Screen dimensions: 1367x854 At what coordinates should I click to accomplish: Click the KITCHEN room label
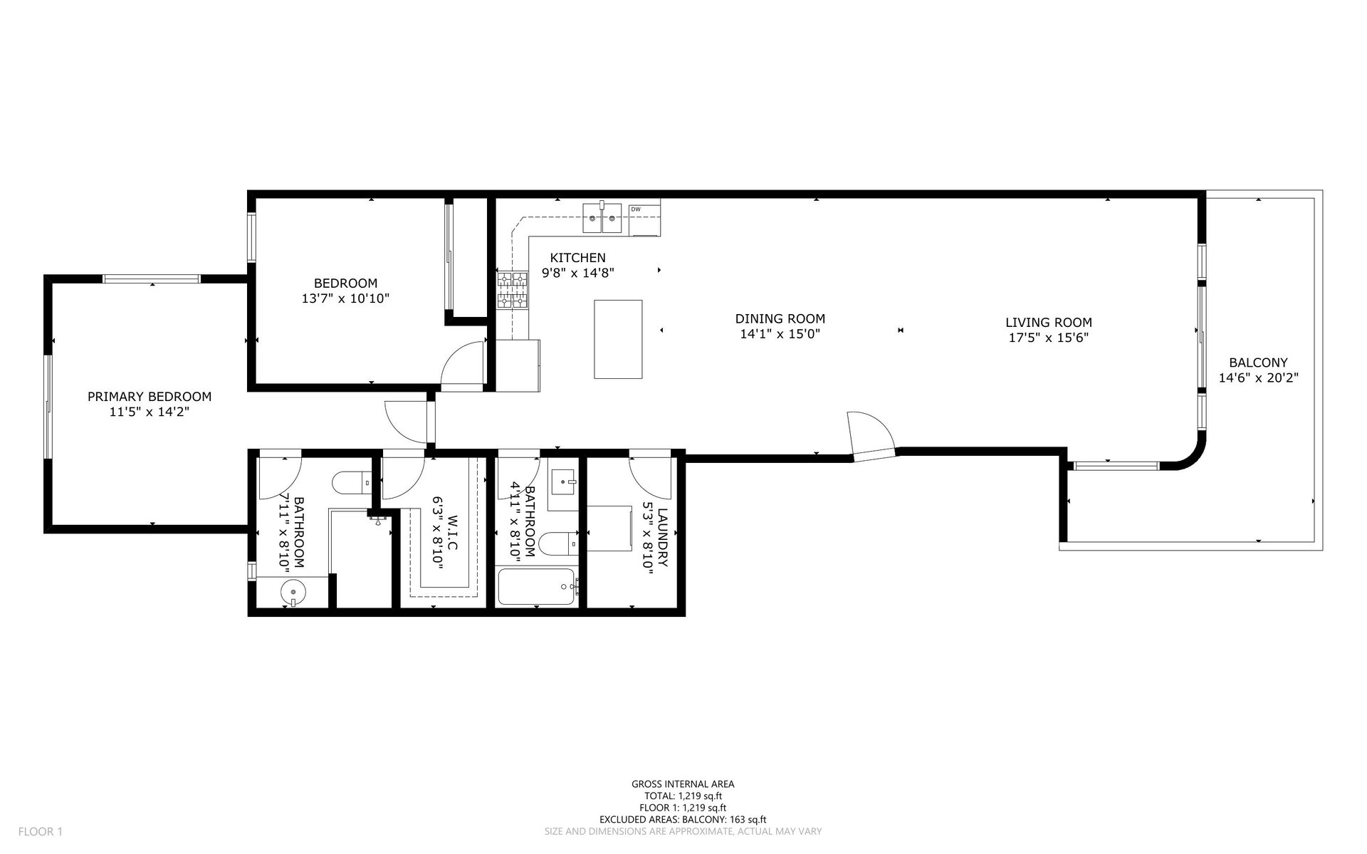point(577,258)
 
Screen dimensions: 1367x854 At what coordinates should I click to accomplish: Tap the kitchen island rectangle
point(618,339)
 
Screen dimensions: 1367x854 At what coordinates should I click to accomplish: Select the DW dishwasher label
point(636,209)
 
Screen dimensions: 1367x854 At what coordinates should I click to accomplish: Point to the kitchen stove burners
point(512,290)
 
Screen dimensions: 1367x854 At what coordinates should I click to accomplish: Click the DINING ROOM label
point(780,319)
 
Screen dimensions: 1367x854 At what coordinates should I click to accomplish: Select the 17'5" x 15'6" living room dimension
point(1049,338)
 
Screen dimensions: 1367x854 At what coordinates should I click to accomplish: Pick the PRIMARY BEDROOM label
point(150,397)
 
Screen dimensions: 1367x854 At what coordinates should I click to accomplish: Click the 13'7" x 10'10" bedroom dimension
point(345,298)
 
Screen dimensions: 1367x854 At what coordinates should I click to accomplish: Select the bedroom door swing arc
point(463,363)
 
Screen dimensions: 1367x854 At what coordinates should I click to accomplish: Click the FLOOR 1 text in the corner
point(41,831)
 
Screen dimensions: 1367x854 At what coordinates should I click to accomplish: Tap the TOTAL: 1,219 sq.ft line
point(683,796)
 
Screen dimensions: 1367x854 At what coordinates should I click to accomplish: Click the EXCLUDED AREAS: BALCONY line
point(683,820)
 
